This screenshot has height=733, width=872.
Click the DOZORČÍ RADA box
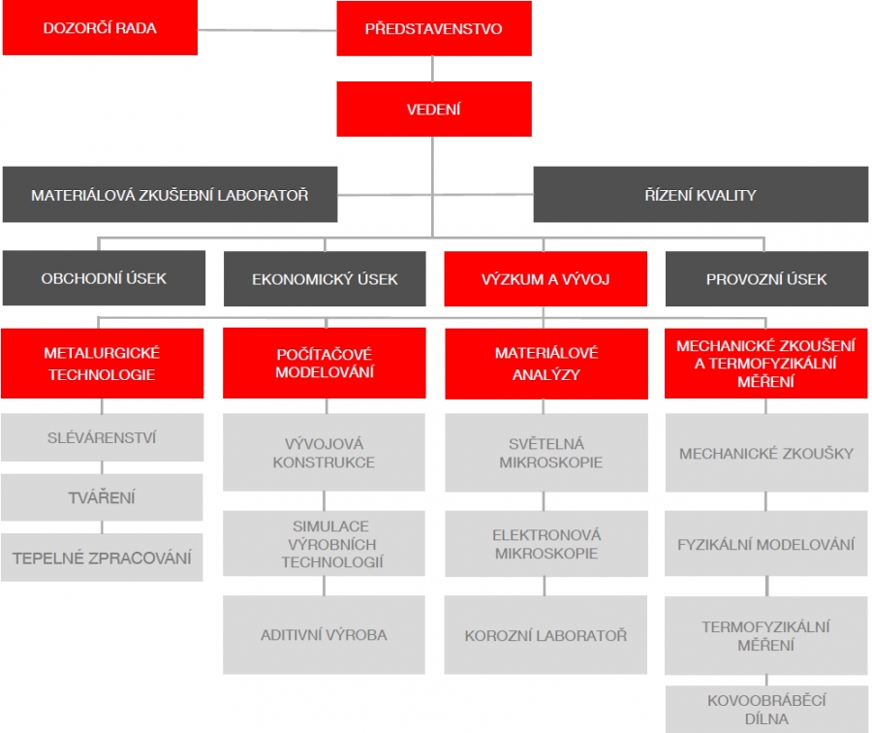100,28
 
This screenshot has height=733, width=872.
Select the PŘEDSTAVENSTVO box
433,28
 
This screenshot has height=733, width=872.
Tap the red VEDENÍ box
433,109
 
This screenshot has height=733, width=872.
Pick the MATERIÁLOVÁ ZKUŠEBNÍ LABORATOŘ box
170,195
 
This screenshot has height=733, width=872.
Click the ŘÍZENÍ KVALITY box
701,195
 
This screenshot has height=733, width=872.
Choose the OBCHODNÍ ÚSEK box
104,278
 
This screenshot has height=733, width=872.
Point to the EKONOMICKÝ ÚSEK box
325,279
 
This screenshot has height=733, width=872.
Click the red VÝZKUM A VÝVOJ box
545,279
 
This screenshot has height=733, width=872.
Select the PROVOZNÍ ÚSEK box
766,279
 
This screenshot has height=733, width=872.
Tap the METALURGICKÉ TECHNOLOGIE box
102,364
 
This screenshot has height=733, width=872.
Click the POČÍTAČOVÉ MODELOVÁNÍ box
324,364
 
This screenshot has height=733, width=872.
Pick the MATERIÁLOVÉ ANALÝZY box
545,364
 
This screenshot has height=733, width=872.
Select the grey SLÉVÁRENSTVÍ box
102,437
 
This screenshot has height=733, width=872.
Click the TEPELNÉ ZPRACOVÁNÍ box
102,558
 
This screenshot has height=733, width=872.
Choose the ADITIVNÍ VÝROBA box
324,635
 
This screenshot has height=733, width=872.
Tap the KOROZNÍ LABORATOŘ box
545,635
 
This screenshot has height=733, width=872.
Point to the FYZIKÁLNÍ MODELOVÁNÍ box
766,544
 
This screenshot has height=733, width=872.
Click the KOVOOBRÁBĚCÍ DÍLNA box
766,709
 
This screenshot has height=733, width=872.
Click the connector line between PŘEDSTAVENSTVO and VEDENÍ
433,69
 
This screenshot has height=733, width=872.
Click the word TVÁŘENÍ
102,497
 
